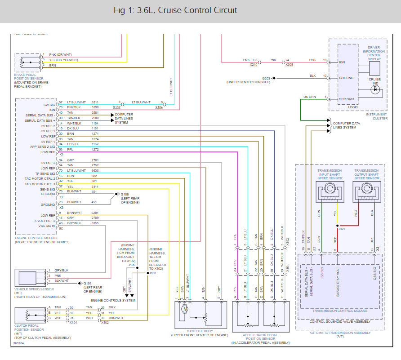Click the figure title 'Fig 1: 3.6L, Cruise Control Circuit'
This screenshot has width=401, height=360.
coord(175,10)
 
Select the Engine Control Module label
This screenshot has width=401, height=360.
coord(36,238)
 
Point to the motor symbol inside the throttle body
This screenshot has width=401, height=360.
coord(184,309)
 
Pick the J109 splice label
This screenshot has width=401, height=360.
coord(132,265)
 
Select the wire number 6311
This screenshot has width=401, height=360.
coord(95,102)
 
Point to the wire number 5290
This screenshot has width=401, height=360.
coord(95,107)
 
